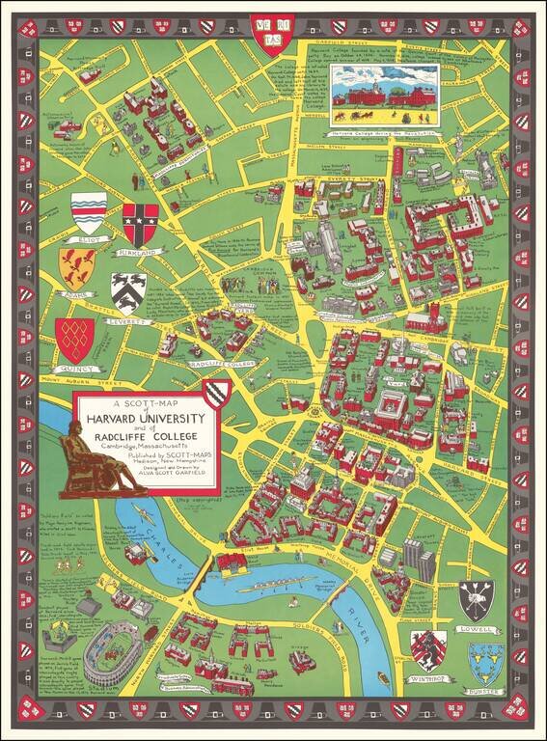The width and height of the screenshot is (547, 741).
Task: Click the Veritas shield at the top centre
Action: (x=272, y=31)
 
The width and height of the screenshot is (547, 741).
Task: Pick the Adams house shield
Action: (x=76, y=268)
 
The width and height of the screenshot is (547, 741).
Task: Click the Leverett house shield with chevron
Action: (x=128, y=290)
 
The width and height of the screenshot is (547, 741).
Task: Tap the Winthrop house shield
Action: (x=428, y=650)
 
